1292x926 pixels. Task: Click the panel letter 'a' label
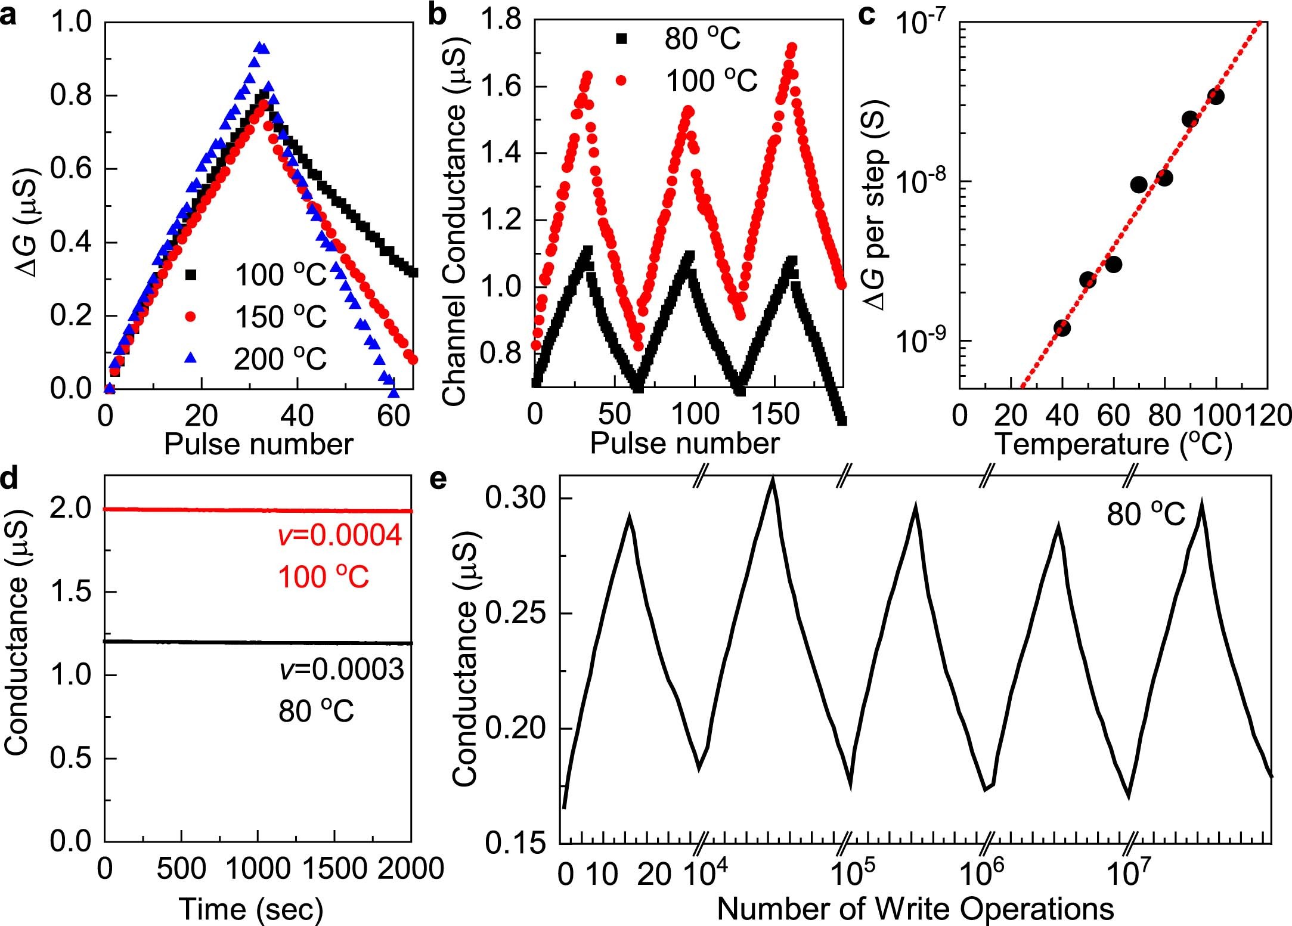click(8, 15)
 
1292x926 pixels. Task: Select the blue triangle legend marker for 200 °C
click(191, 358)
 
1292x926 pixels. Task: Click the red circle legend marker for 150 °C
click(191, 316)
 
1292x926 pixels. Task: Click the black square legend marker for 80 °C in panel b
click(621, 38)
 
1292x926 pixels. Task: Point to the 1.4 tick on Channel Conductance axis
click(504, 153)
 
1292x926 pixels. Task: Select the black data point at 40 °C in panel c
click(1062, 328)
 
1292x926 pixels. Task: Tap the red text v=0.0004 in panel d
click(340, 535)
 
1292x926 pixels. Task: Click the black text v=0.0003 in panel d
click(341, 670)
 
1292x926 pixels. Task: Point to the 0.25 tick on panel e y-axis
click(515, 614)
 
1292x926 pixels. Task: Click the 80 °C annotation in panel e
click(1146, 514)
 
